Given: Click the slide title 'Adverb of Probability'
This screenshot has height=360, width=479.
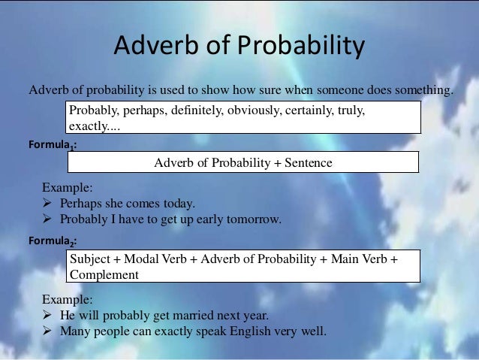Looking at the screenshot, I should [x=239, y=47].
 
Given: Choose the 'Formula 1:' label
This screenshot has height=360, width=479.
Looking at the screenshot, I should [x=51, y=142].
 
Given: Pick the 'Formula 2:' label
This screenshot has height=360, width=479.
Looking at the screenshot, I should [x=51, y=242].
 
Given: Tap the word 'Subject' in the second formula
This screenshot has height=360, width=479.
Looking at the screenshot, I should [x=89, y=259].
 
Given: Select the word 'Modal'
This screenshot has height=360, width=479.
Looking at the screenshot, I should [x=140, y=259].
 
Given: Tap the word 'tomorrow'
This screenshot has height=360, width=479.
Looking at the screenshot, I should [x=254, y=219].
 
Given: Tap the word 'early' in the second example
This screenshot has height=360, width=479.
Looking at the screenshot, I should [x=207, y=219].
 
